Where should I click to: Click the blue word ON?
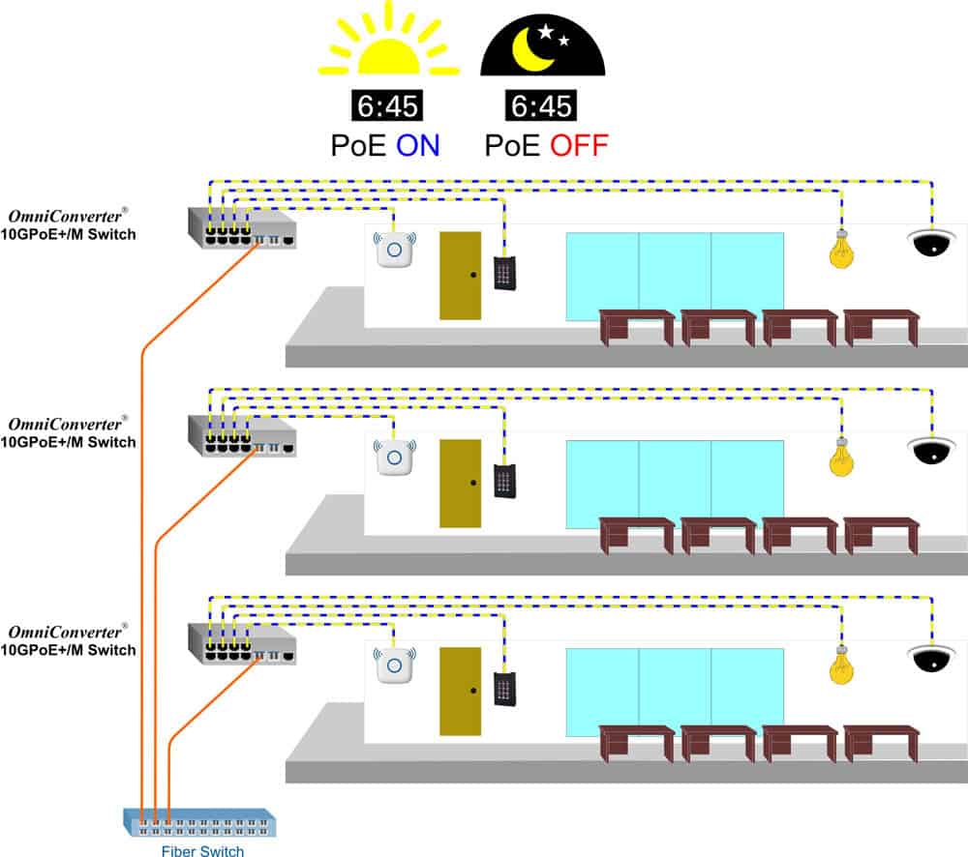pos(418,145)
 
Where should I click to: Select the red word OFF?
pos(579,145)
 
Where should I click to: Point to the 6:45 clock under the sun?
pos(385,105)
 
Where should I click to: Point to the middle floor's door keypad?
pos(503,481)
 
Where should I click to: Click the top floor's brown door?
pos(460,276)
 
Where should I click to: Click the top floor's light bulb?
pos(841,250)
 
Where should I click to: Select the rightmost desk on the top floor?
pos(881,325)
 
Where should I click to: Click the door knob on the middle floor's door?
pos(473,482)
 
